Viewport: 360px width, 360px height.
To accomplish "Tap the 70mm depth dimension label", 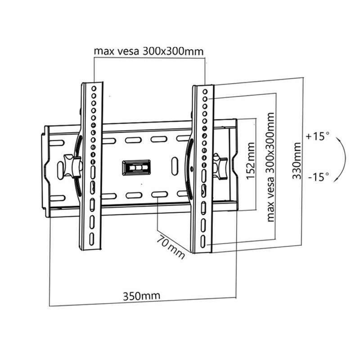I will [171, 247].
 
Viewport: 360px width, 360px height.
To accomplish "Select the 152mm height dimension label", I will [250, 161].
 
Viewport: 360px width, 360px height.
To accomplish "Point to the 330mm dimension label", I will [296, 161].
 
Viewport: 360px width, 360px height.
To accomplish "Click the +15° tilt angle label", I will [317, 136].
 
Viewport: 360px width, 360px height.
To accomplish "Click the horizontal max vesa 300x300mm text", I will [148, 51].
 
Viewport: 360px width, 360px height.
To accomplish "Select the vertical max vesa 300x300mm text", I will [270, 167].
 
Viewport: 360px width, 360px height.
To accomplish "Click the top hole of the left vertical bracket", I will [94, 89].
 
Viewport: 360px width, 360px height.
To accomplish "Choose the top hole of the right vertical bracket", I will [205, 92].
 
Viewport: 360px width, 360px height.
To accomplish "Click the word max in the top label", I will [103, 51].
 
